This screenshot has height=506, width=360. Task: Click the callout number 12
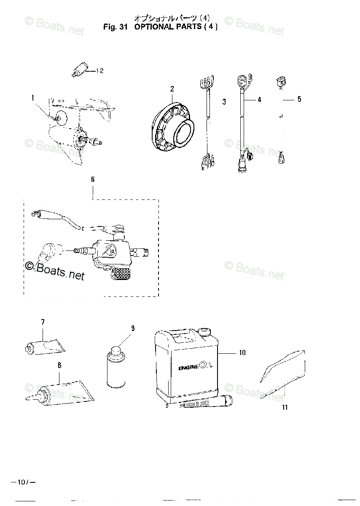coord(99,71)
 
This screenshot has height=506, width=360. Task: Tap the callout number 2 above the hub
coord(172,89)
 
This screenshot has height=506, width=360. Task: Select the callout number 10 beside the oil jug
coord(242,353)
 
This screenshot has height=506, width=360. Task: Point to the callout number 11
coord(285,407)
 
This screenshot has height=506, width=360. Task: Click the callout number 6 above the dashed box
coord(93,180)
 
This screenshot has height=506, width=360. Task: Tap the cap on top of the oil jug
coord(205,329)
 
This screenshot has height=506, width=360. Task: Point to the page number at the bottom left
coord(22,481)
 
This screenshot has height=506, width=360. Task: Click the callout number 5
coord(299,100)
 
